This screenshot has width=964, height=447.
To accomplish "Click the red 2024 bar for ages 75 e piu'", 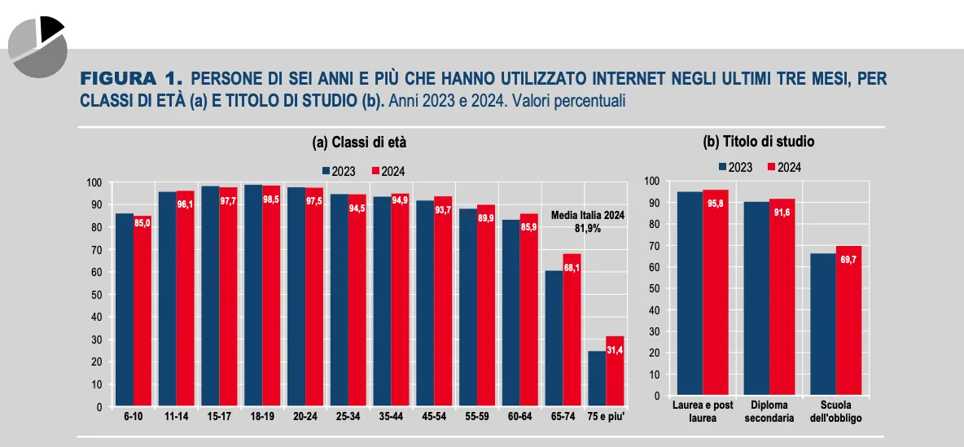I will [615, 371].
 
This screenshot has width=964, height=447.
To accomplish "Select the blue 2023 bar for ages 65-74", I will [554, 339].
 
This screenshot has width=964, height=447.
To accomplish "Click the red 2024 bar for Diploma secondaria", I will [782, 297].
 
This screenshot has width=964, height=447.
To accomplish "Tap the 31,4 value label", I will [615, 349].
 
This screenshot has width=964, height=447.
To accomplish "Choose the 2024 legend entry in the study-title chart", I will [785, 167].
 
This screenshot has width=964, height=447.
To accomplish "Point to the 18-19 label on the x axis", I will [262, 417].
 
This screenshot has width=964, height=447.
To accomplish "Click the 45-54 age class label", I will [434, 417].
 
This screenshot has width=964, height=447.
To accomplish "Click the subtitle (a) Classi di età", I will [359, 142].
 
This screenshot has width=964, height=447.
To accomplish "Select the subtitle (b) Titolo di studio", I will [758, 141].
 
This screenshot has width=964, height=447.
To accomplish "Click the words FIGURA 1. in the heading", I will [129, 79].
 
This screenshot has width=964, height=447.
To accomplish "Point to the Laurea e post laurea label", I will [703, 411].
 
